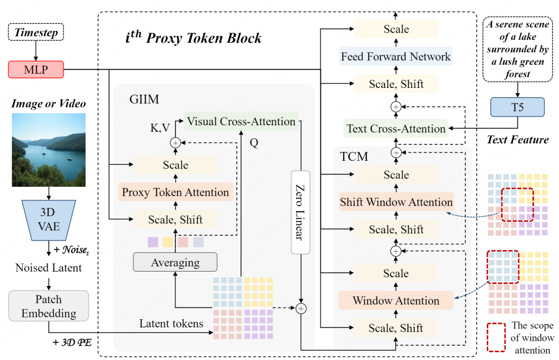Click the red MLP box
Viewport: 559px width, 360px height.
click(x=36, y=69)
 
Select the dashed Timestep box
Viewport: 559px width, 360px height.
click(x=36, y=32)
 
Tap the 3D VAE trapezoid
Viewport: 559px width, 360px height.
click(x=49, y=220)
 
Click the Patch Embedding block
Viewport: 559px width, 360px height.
click(x=49, y=306)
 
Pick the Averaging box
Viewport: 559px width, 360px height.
click(x=175, y=262)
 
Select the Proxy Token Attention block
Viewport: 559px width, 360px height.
click(x=175, y=192)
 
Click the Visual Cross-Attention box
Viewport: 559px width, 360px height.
click(x=241, y=121)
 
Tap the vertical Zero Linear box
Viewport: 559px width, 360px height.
click(x=301, y=213)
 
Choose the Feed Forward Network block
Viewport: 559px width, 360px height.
click(x=396, y=56)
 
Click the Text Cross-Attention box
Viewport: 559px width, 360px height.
click(x=396, y=128)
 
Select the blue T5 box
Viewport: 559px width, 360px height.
click(x=517, y=107)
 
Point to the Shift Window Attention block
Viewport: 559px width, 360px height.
click(x=396, y=202)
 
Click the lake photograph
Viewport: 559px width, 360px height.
click(x=49, y=149)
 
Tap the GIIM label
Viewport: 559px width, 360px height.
click(x=144, y=99)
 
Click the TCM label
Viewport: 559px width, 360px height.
click(x=354, y=156)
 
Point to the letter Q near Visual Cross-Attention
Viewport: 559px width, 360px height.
click(x=254, y=143)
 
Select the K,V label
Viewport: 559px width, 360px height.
click(x=160, y=128)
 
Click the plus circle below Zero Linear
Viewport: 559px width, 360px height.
click(x=301, y=308)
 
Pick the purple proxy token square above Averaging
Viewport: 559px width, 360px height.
click(x=153, y=242)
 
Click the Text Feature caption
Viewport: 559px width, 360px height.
click(x=518, y=139)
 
